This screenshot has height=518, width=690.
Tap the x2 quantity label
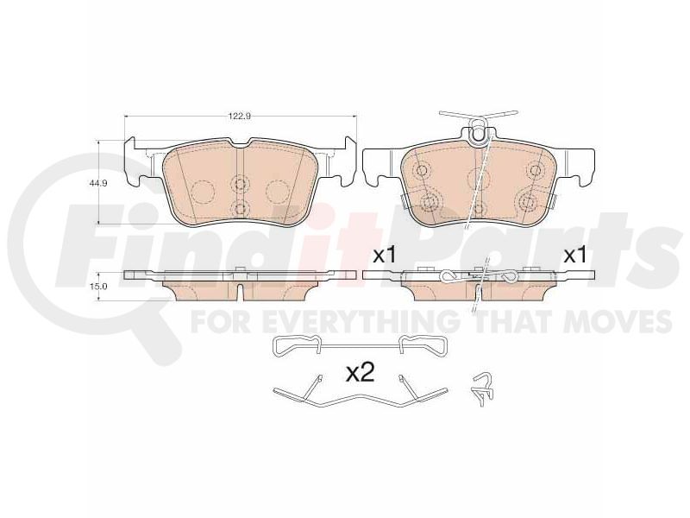tap(361, 374)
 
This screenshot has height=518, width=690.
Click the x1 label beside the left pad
tap(385, 256)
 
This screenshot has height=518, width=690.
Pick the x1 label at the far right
tap(575, 256)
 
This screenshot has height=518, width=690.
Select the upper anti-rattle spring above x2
tap(361, 344)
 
